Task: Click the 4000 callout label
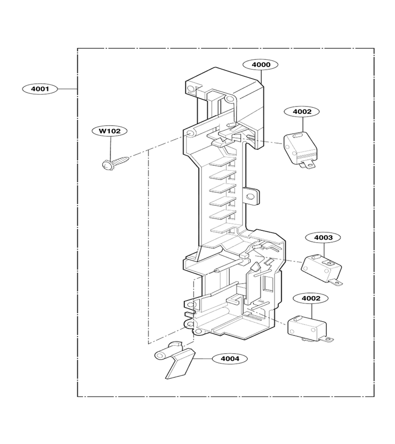pos(261,65)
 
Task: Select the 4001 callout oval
pos(40,89)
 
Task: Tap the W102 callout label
pos(110,131)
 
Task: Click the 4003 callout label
pos(323,237)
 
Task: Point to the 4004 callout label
pos(230,359)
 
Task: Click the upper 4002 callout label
pos(302,111)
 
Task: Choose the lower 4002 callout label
pos(311,298)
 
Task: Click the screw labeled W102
pos(115,163)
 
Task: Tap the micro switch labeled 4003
pos(321,268)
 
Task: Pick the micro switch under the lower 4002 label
pos(309,328)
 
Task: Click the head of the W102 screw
pos(106,165)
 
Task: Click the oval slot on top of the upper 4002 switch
pos(298,136)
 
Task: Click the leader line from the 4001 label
pos(68,89)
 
